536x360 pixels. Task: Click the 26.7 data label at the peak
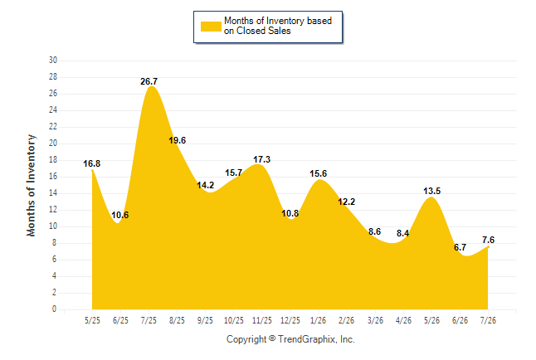click(149, 81)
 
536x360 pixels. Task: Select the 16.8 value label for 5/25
click(92, 163)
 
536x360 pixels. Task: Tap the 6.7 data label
click(460, 247)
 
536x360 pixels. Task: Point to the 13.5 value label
click(432, 191)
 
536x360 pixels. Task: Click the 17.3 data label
click(262, 159)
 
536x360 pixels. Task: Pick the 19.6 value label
click(177, 140)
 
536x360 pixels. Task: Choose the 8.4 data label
click(403, 234)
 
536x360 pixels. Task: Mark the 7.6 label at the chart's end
click(489, 240)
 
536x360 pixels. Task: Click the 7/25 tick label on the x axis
click(149, 320)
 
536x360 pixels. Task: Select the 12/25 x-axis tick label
click(290, 320)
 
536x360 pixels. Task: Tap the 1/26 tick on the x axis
click(319, 320)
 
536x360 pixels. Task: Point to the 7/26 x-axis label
click(488, 320)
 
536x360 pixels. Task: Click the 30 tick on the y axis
click(53, 61)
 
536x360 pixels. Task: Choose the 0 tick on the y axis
click(55, 309)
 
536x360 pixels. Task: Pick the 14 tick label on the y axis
click(53, 192)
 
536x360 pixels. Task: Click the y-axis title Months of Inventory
click(31, 185)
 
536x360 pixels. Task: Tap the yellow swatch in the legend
click(211, 27)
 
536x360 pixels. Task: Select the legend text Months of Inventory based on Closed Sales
click(278, 26)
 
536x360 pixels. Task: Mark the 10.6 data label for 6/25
click(120, 215)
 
